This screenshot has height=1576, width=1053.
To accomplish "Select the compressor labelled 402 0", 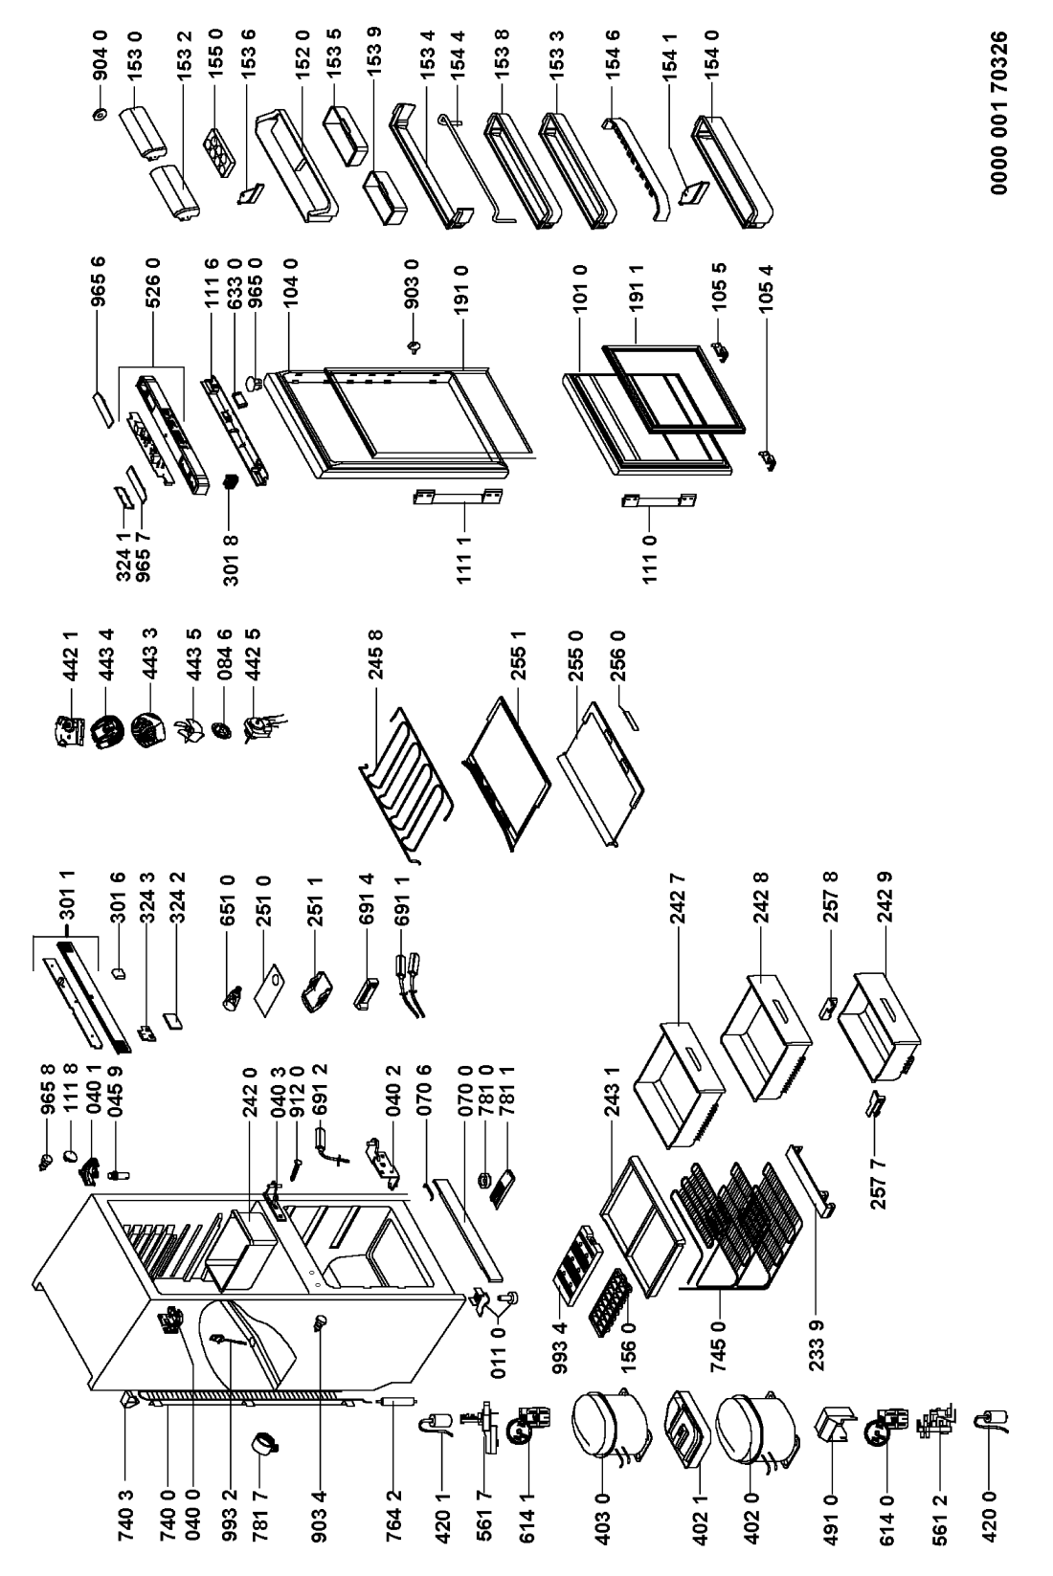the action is pyautogui.click(x=755, y=1432).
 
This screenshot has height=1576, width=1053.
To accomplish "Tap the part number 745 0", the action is pyautogui.click(x=718, y=1346).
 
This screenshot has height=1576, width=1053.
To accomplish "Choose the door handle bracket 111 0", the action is pyautogui.click(x=659, y=501).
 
